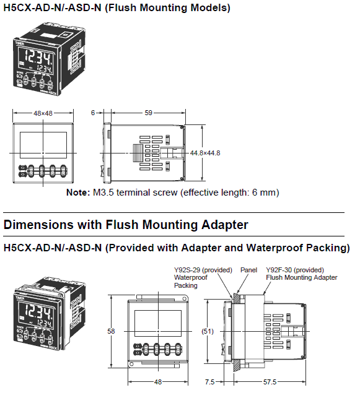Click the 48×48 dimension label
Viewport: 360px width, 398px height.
(x=42, y=113)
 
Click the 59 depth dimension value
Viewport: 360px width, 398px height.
(x=148, y=113)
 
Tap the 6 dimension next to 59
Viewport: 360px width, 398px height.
(x=93, y=113)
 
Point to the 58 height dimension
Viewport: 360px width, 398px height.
(x=112, y=331)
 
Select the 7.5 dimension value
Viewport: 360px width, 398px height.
(x=211, y=383)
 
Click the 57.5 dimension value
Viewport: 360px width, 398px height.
(x=270, y=383)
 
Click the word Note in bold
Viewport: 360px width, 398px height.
(x=77, y=193)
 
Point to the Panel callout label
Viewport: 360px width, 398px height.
(x=248, y=270)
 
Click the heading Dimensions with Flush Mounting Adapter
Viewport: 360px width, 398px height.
(x=126, y=225)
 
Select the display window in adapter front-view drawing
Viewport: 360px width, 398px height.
(x=157, y=321)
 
